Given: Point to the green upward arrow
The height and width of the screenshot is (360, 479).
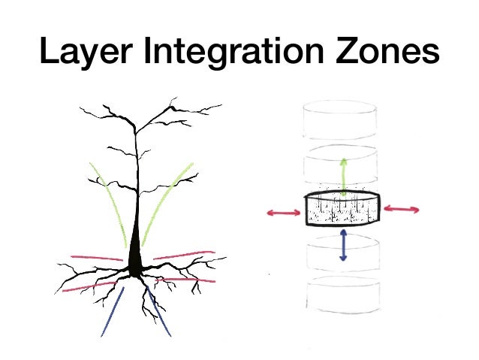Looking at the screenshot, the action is point(344,177).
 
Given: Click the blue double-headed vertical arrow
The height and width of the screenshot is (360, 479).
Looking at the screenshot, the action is point(343,245).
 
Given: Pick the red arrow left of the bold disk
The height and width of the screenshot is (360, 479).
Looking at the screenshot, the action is point(284,213).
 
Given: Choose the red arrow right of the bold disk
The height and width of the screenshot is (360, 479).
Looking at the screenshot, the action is point(402,210).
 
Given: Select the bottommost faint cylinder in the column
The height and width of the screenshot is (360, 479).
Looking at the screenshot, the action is point(344,296).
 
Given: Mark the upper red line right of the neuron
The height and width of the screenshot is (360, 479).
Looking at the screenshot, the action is point(184,256).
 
